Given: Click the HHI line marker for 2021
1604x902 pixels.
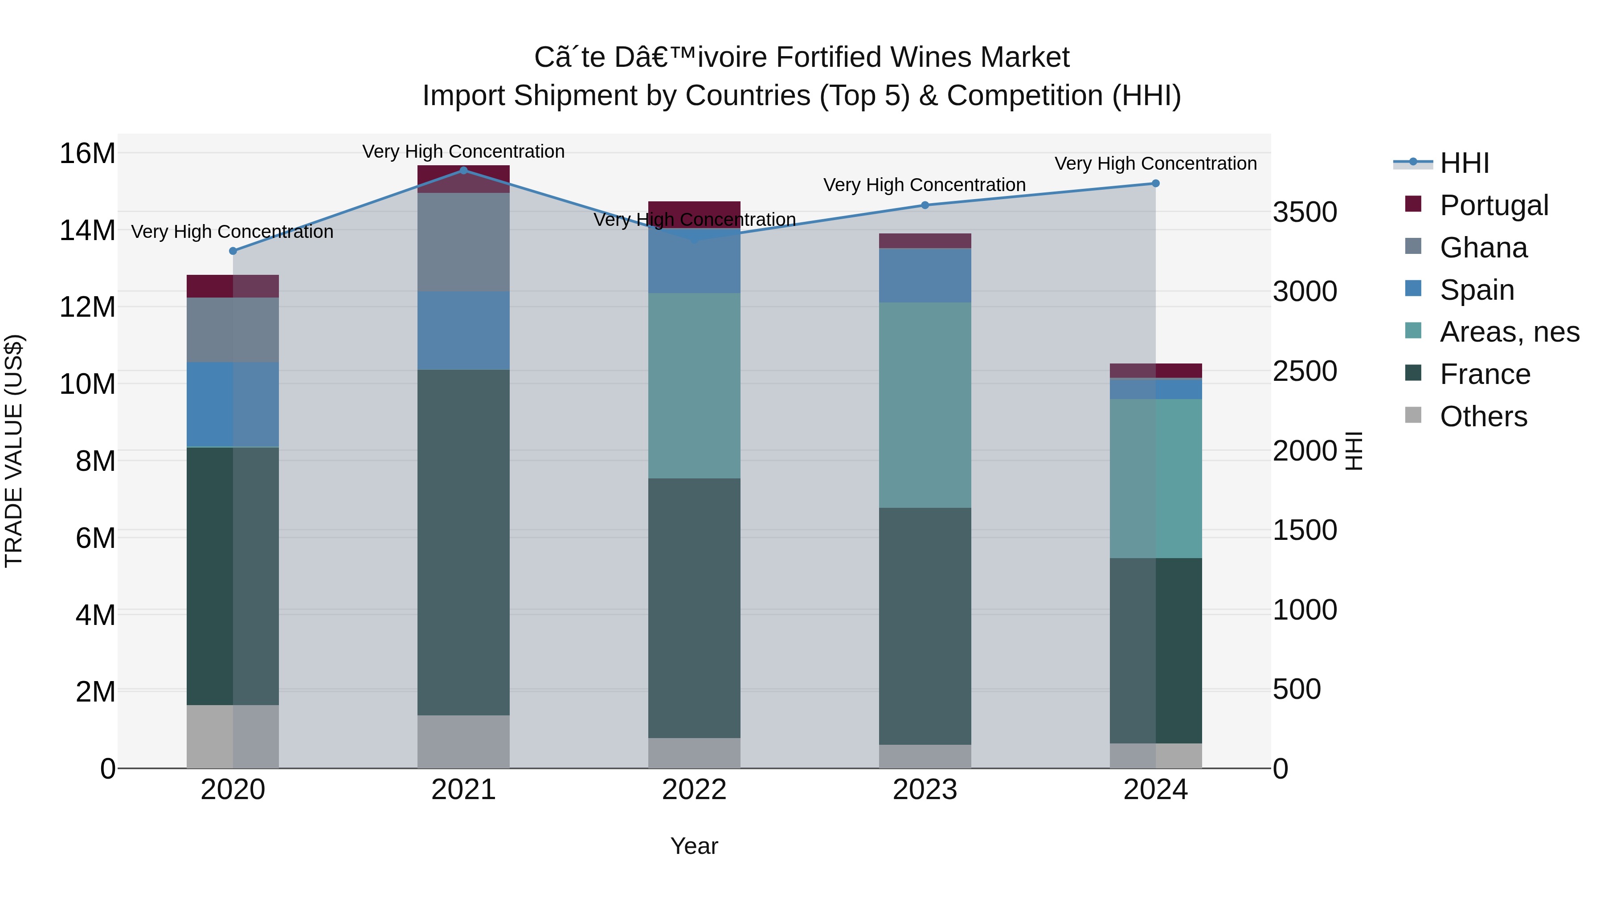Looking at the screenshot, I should (463, 170).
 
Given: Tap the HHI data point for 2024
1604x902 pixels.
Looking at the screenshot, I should (1156, 184).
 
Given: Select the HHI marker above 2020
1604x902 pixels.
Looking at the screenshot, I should (233, 251).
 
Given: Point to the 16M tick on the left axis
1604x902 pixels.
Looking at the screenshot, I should (87, 153).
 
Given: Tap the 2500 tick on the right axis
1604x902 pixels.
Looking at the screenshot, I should (1305, 371).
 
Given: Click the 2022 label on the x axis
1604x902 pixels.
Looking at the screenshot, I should (694, 790).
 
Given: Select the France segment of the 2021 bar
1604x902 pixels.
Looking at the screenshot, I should (463, 542).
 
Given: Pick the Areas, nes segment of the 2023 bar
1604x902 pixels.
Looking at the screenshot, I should (925, 404).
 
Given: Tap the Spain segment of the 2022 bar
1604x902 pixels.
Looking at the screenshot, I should (694, 261).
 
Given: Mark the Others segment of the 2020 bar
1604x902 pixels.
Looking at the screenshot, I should (233, 736).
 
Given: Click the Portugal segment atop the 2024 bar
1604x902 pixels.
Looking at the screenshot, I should (1156, 371).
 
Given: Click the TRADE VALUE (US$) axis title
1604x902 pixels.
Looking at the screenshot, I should (14, 451).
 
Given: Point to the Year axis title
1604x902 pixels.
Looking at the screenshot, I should (694, 846).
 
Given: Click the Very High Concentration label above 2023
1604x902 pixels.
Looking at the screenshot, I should (925, 185).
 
